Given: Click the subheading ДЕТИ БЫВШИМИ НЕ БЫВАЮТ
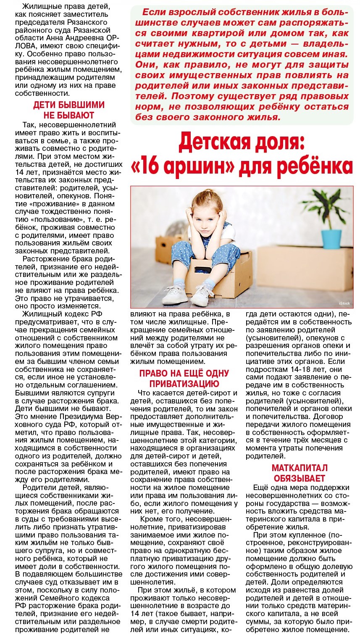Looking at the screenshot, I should pos(69,110).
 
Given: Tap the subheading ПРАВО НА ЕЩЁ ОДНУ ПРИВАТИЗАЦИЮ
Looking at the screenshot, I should pos(184,378).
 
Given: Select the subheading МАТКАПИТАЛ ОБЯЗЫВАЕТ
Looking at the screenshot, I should pos(299,473).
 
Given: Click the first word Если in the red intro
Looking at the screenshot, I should pos(154,12).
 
